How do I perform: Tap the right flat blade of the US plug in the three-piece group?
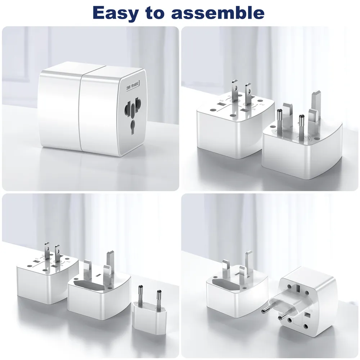pos(57,253)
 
